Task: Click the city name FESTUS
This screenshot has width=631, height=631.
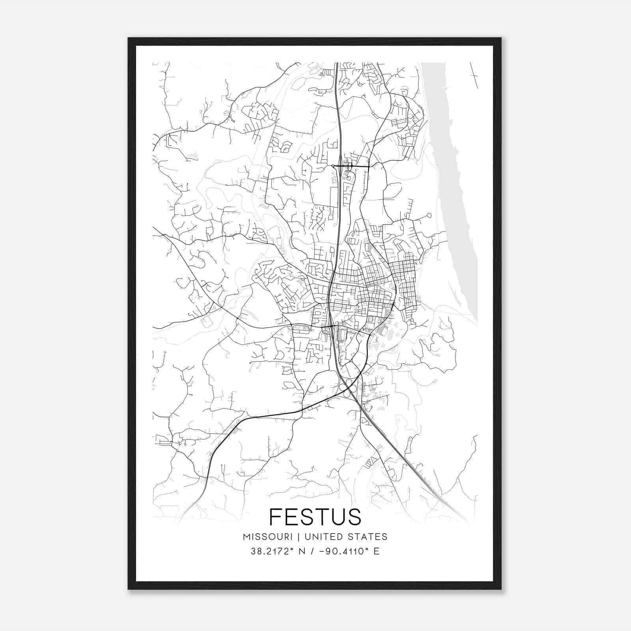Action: pyautogui.click(x=315, y=517)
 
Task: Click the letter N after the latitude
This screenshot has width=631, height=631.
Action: pyautogui.click(x=302, y=551)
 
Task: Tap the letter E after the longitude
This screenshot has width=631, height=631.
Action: pyautogui.click(x=377, y=551)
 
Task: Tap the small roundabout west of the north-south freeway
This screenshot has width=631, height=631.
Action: pyautogui.click(x=333, y=166)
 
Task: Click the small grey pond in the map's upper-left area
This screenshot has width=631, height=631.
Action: pyautogui.click(x=192, y=157)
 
